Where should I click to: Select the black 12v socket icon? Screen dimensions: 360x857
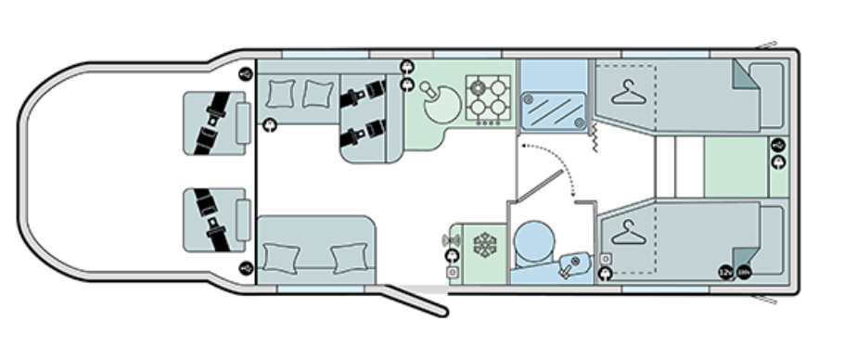(x=725, y=273)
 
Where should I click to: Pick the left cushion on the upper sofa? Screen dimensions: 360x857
(x=280, y=93)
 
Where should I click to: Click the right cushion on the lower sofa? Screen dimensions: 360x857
(x=348, y=255)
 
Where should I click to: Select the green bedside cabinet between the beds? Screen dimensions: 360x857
(x=735, y=169)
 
